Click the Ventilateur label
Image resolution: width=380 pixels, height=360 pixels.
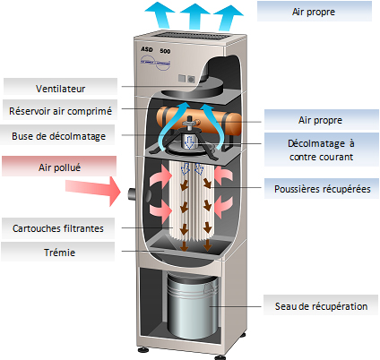click(60, 89)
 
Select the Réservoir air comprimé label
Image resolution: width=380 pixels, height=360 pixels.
click(60, 111)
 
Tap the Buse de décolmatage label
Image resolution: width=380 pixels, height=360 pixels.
click(58, 136)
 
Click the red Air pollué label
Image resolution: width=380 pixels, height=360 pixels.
click(59, 167)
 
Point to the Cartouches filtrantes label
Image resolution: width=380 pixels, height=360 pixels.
click(58, 228)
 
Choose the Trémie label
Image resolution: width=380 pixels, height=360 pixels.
click(59, 253)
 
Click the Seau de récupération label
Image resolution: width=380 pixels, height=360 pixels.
click(321, 306)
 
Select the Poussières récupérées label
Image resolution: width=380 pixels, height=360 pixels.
click(322, 189)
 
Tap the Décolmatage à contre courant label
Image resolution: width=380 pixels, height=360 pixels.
click(322, 150)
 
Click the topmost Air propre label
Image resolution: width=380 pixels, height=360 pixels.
click(314, 12)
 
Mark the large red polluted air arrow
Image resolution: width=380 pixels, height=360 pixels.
click(93, 191)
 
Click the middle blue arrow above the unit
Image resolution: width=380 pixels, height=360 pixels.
click(194, 16)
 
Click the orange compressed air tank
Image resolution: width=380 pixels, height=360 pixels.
click(199, 120)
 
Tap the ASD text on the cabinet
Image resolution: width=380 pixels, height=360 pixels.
click(147, 49)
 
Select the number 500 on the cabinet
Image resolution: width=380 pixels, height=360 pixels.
click(165, 51)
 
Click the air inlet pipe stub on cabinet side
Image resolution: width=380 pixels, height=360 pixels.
click(132, 194)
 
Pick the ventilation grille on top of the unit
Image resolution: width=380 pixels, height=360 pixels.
click(191, 36)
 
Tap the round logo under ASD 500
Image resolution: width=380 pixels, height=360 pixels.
click(156, 63)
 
